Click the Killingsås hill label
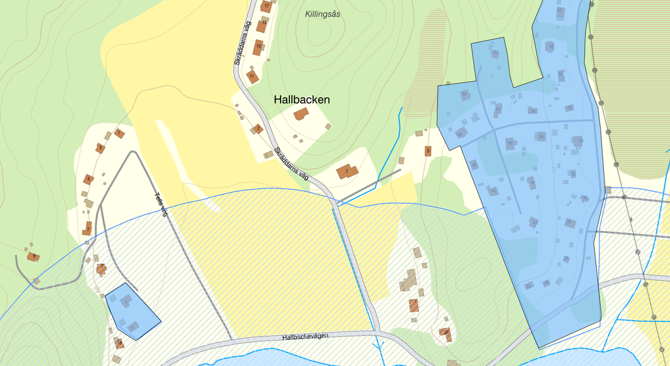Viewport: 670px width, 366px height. [323, 14]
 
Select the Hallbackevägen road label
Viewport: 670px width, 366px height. [305, 337]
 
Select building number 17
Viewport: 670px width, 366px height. [266, 7]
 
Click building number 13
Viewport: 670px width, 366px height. [258, 46]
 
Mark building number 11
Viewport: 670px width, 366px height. [252, 77]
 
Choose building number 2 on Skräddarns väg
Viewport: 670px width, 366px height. [258, 128]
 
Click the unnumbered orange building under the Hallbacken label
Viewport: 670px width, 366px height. [301, 114]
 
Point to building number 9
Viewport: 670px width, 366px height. [33, 257]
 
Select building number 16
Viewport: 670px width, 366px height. [119, 343]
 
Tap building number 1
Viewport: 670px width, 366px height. [118, 133]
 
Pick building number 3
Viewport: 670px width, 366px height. [100, 149]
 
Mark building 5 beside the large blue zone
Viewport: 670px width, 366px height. [428, 151]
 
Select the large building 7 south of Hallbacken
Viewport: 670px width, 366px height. [347, 172]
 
